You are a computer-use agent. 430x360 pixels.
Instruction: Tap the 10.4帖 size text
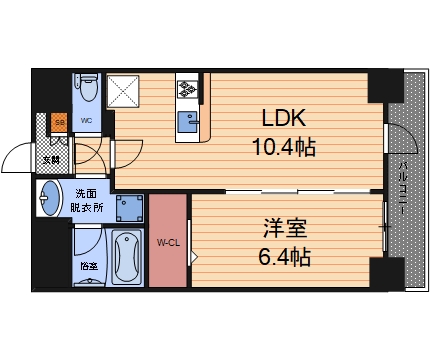pos(283,148)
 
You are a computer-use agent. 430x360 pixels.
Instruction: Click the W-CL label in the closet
pos(168,240)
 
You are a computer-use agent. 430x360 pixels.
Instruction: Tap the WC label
pos(87,121)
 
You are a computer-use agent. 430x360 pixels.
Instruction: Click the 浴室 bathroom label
pos(88,266)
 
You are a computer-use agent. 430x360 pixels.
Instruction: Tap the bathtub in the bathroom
pos(128,257)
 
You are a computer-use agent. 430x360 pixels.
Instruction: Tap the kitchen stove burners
pos(188,92)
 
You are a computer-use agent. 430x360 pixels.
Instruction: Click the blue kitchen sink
pos(188,122)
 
